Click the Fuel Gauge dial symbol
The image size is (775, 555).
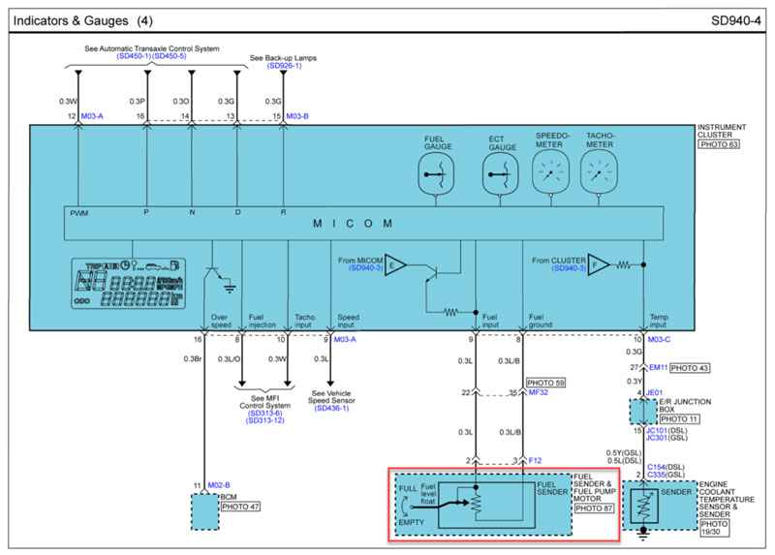tap(437, 176)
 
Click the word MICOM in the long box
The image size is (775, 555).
tap(353, 224)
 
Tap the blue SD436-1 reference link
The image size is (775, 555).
tap(331, 408)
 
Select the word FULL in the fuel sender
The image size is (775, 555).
tap(409, 487)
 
